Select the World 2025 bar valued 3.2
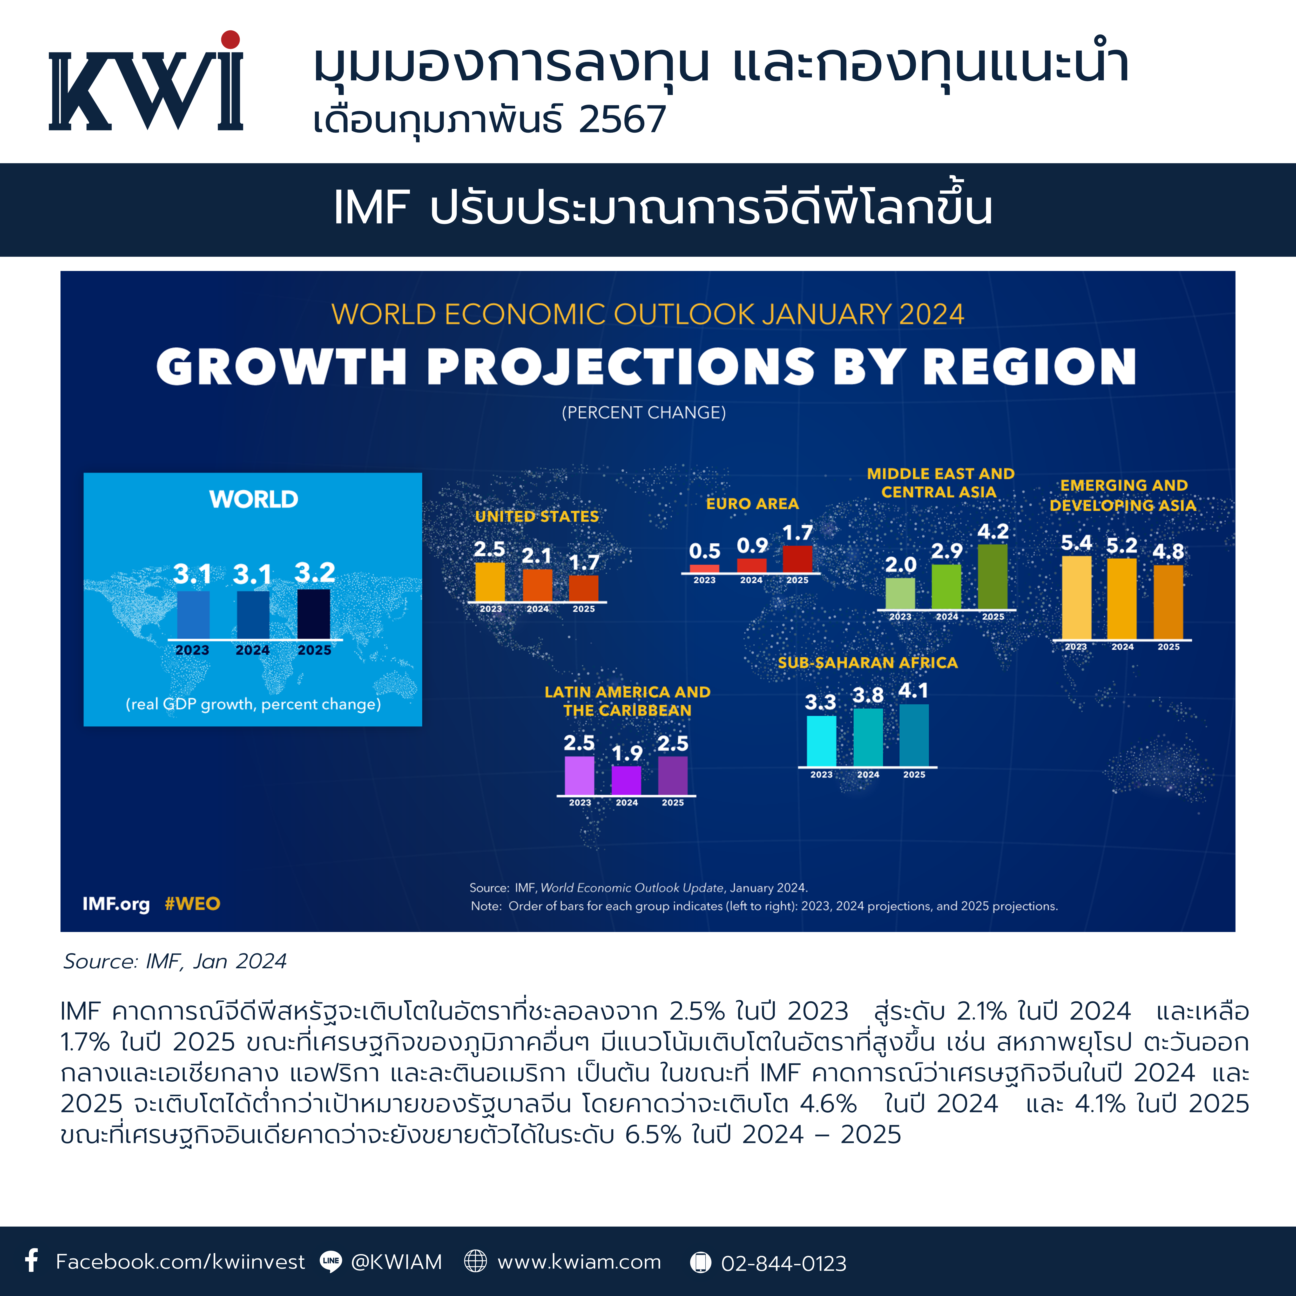313,614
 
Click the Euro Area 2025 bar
798,559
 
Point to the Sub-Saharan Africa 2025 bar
914,735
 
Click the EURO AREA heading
752,504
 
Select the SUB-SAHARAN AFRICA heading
867,663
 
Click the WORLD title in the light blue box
254,499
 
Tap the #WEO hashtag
193,904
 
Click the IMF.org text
116,904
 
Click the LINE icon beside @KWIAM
331,1261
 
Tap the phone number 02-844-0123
783,1263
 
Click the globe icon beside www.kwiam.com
476,1261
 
